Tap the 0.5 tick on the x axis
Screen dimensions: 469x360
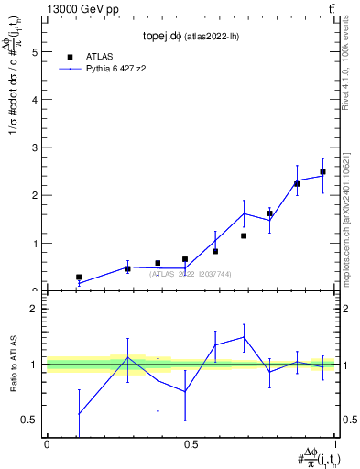[x=191, y=444]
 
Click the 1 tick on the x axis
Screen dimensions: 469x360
[x=334, y=444]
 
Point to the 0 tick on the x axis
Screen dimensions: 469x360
[x=47, y=444]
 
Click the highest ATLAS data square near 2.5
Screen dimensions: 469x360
[x=322, y=171]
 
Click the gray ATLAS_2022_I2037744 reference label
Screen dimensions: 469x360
[x=191, y=274]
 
